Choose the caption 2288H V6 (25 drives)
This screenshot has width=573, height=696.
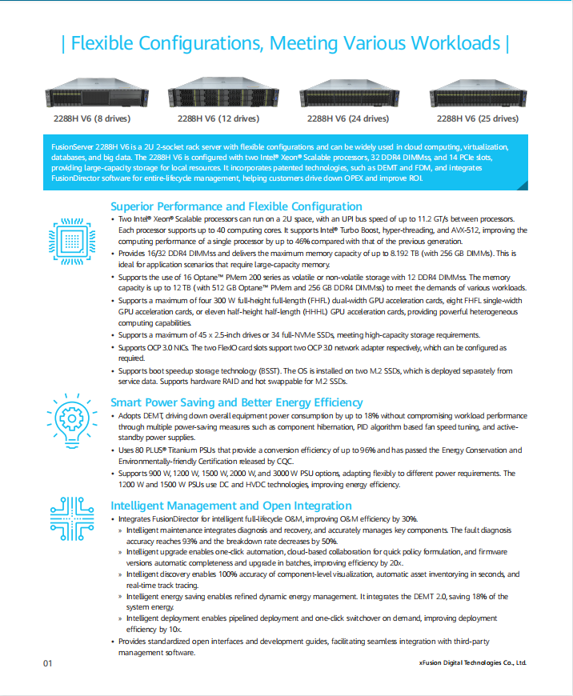[x=477, y=119]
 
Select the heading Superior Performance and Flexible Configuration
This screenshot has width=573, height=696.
[x=236, y=206]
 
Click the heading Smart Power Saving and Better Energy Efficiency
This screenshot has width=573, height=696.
[x=236, y=402]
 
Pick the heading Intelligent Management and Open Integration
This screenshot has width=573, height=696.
[x=230, y=506]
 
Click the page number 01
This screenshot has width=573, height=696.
[x=47, y=663]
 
